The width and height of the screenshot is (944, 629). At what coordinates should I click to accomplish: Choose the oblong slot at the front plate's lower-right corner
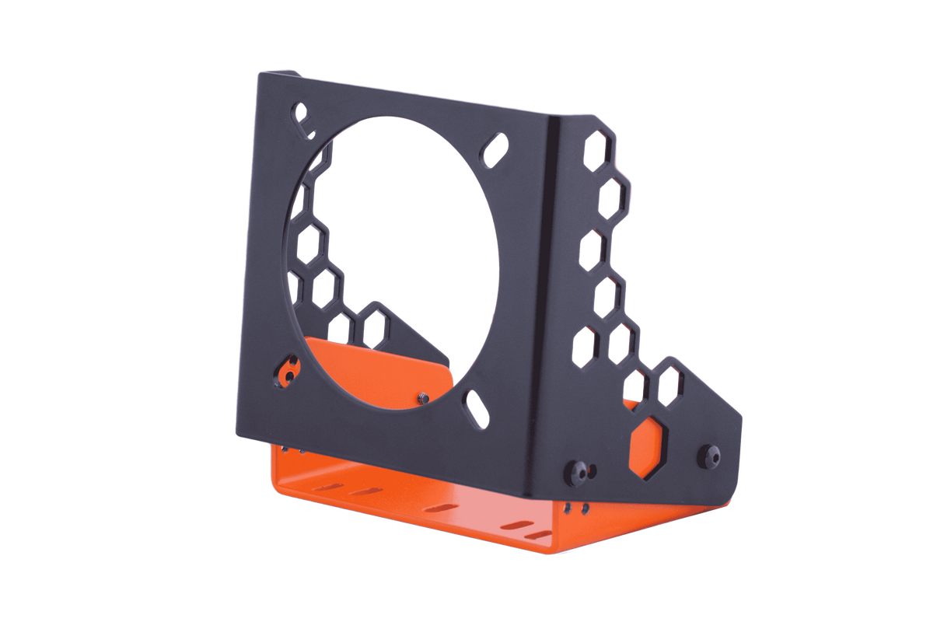(x=474, y=407)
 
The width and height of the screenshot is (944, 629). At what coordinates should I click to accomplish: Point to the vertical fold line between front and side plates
(x=554, y=295)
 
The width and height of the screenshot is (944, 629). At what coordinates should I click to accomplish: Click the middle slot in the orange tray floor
(x=442, y=506)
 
